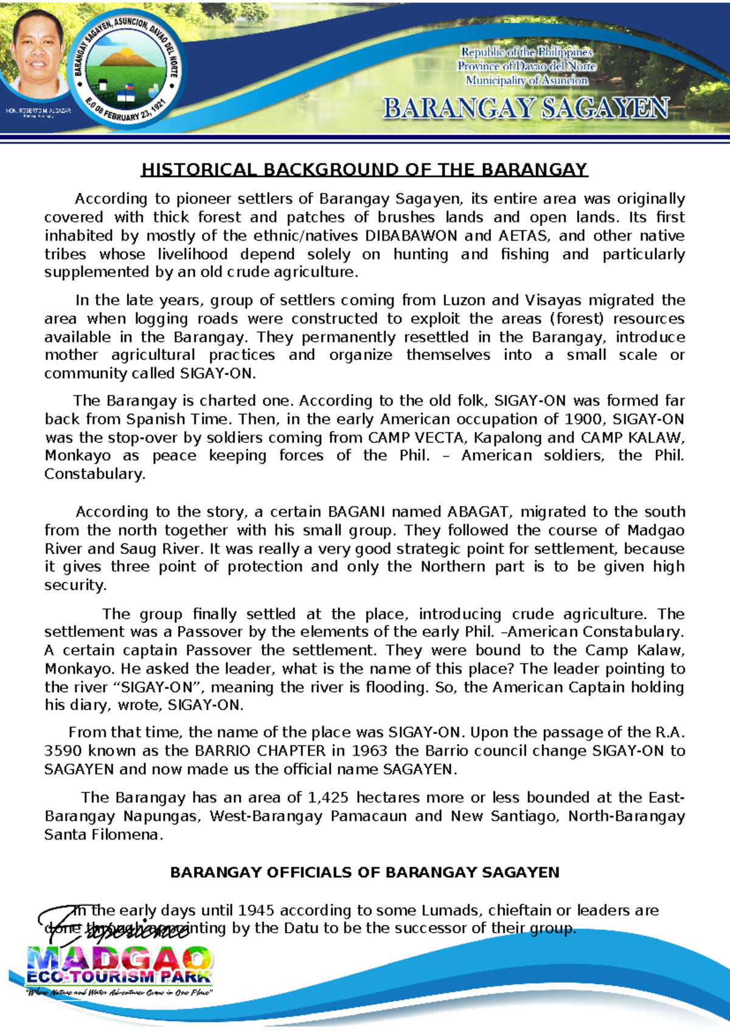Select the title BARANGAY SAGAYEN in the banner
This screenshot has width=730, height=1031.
(x=526, y=109)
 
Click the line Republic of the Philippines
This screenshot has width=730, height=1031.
(x=526, y=52)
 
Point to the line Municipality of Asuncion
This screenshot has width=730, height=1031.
(x=526, y=80)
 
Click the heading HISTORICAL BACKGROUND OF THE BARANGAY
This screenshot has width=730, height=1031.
(x=364, y=169)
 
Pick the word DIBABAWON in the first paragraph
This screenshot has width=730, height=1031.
(x=411, y=236)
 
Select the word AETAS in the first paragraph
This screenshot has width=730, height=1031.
(x=523, y=236)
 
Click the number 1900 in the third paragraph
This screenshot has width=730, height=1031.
(x=585, y=419)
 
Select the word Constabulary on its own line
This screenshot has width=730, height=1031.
(x=94, y=474)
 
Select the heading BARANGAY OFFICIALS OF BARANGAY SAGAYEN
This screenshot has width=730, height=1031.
(x=364, y=872)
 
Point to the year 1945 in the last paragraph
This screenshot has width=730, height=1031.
(x=256, y=910)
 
